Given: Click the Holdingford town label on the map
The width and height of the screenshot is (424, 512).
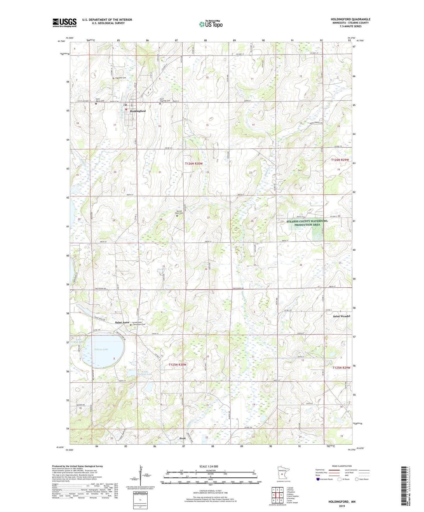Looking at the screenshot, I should [x=138, y=111].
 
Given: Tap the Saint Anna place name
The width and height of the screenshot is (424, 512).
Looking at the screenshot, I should [x=122, y=323].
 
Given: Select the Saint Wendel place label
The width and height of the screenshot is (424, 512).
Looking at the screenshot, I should [x=341, y=316].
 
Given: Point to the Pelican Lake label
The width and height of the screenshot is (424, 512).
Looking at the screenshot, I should [x=101, y=349].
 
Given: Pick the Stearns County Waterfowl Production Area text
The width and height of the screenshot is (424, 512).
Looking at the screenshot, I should [x=307, y=223].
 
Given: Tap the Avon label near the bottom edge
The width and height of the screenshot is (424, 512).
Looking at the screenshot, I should [x=182, y=438].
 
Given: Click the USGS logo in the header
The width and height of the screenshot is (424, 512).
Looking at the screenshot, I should [x=65, y=23].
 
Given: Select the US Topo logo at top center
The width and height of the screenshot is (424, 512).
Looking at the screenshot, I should [x=211, y=24].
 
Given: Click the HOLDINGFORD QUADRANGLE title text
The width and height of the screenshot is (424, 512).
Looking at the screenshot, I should [x=350, y=19].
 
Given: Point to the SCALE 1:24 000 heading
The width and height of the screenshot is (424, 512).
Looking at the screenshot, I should [x=209, y=466].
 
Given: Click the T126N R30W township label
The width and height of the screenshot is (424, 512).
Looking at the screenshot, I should [x=194, y=163].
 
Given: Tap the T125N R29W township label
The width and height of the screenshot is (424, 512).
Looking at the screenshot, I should [x=341, y=367].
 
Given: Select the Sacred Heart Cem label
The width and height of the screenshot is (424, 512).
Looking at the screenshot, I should [x=179, y=212].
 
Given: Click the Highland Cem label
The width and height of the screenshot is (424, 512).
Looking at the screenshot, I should [x=120, y=78].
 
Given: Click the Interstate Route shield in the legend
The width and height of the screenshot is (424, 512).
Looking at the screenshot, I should [x=318, y=479].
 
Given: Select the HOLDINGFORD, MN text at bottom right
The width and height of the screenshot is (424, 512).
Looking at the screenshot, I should [x=342, y=502].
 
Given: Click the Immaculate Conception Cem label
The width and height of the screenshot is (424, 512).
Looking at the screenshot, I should [x=139, y=323].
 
